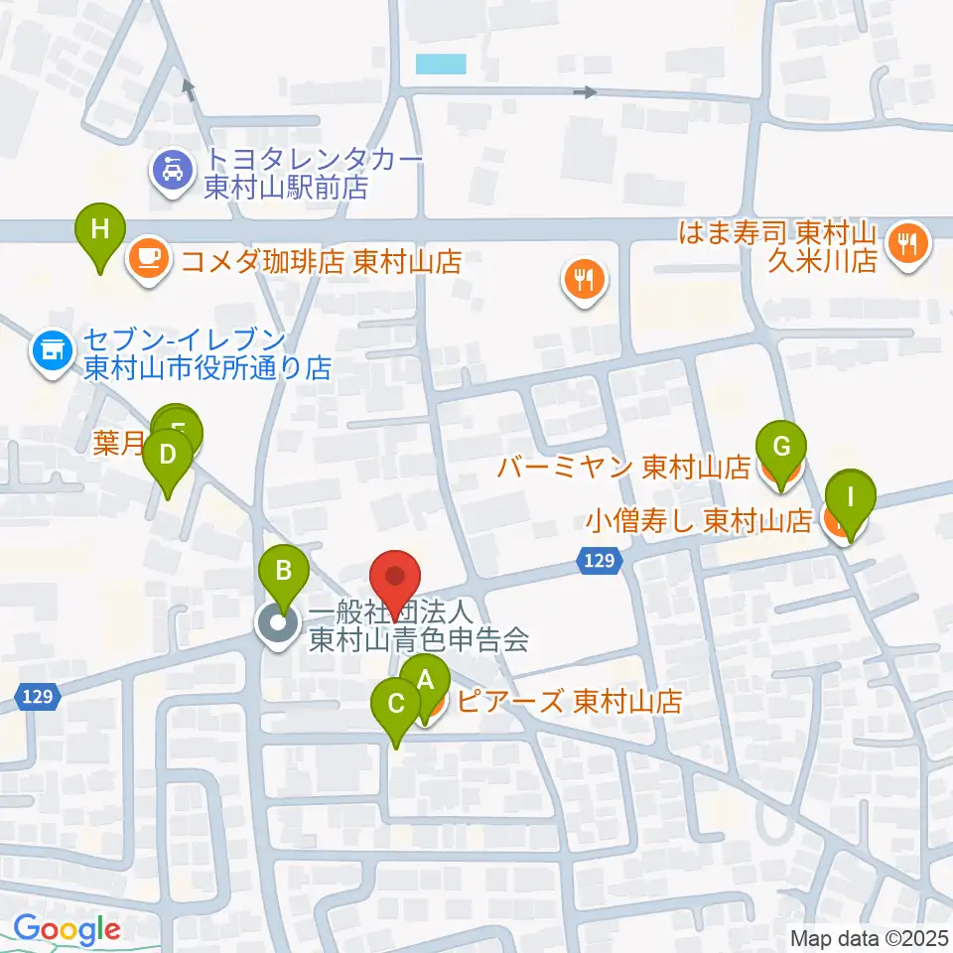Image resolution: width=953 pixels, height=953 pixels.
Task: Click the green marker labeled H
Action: click(100, 230)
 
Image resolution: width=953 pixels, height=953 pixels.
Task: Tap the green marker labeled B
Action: click(283, 571)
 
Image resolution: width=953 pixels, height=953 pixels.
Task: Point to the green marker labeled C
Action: click(395, 706)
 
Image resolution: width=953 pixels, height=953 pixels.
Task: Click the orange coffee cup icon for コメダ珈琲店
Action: click(149, 261)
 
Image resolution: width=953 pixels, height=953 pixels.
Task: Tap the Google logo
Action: click(67, 930)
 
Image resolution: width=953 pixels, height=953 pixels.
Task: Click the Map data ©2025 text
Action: click(869, 938)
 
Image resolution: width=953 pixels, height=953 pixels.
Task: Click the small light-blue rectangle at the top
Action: click(441, 65)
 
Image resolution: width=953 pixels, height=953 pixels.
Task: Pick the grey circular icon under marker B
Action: click(276, 624)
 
